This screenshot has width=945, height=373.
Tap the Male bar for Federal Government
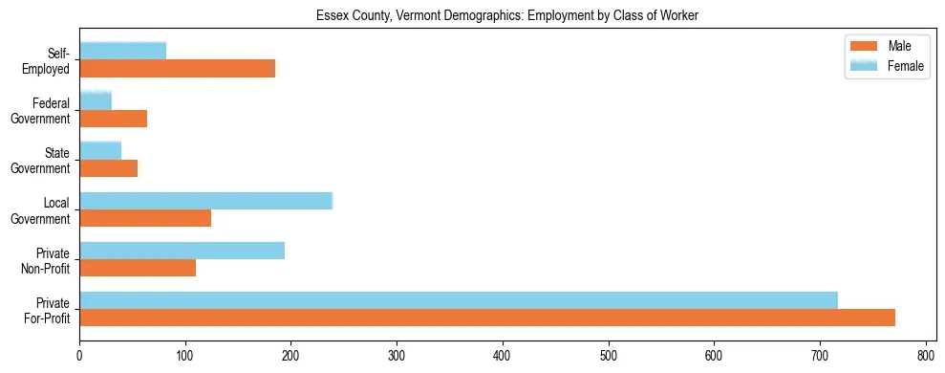(113, 119)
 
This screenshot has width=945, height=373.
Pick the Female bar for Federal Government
(96, 100)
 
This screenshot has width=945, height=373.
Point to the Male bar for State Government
(108, 168)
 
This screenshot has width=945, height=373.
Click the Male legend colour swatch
(863, 46)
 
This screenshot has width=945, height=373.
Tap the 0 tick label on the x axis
(79, 355)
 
